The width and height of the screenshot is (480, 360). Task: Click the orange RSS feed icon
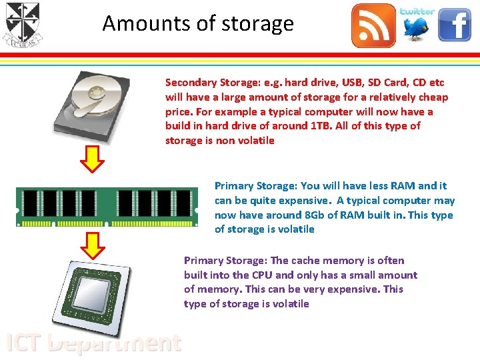click(x=373, y=25)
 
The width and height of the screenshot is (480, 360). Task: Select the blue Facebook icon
click(x=455, y=25)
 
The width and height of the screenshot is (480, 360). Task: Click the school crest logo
click(x=22, y=25)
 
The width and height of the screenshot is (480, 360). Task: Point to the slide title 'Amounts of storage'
click(x=198, y=24)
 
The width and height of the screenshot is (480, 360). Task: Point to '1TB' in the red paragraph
click(x=319, y=126)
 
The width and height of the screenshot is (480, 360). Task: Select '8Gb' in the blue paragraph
click(x=315, y=215)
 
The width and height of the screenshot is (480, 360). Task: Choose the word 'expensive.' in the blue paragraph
click(x=304, y=201)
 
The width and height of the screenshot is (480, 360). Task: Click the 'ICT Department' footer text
click(x=93, y=343)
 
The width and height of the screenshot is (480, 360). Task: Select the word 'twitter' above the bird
click(x=417, y=11)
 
